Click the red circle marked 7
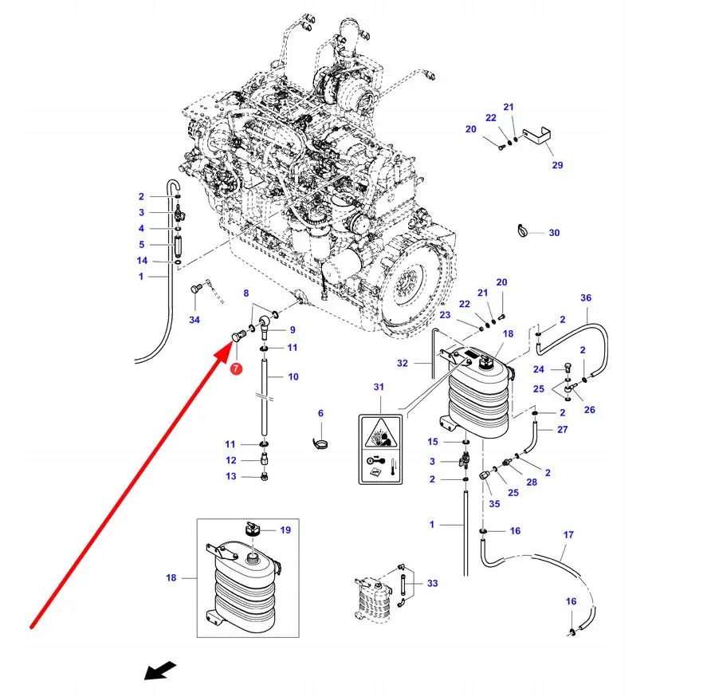coord(236,368)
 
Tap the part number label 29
coord(557,165)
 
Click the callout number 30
coord(554,233)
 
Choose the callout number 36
coord(586,298)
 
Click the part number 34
coord(194,320)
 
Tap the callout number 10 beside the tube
coord(293,376)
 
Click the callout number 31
coord(379,387)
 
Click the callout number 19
coord(285,530)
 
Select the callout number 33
coord(432,584)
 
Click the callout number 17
coord(568,534)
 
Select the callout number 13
coord(230,476)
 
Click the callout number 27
coord(563,430)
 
